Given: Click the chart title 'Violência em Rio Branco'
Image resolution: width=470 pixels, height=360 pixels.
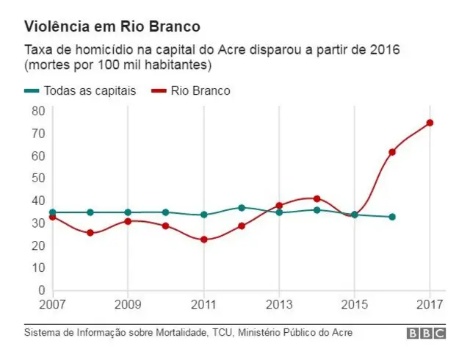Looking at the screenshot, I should click(x=112, y=27).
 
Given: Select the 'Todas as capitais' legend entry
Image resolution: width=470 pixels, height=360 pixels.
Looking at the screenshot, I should click(x=81, y=91).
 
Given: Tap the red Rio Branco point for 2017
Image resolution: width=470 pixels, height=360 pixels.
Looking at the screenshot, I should click(x=430, y=123).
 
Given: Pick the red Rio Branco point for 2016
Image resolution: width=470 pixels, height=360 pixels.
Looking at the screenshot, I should click(x=392, y=152).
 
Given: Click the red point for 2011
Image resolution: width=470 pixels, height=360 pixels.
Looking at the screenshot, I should click(x=203, y=240).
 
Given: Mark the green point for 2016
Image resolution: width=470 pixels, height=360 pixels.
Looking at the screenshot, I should click(x=392, y=217).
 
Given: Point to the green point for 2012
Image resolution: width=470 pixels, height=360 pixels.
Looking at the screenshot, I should click(x=242, y=208).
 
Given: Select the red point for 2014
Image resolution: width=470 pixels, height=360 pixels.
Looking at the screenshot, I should click(x=317, y=198).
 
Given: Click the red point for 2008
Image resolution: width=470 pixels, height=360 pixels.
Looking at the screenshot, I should click(x=90, y=233).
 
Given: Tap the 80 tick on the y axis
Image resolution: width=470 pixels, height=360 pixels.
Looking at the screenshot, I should click(x=38, y=111).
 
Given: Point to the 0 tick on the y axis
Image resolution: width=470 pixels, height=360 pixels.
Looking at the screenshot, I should click(x=42, y=290).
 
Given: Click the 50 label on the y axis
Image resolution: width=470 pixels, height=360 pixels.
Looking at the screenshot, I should click(x=38, y=178).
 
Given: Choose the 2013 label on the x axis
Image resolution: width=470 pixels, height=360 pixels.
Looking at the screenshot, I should click(x=279, y=303).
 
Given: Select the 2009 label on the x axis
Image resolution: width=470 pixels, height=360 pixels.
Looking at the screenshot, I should click(x=128, y=303).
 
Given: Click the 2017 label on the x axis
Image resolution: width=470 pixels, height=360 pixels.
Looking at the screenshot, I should click(x=430, y=303).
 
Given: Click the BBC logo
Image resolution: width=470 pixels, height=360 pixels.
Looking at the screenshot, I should click(x=427, y=334).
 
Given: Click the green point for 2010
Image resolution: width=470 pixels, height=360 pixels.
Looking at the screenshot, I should click(x=165, y=212).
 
